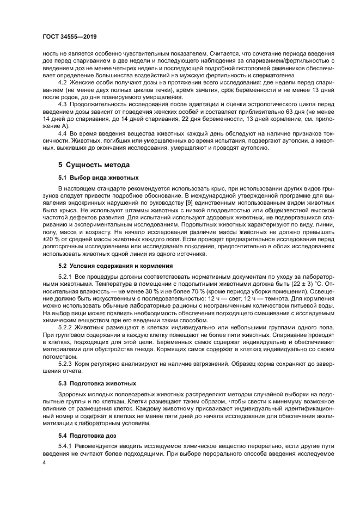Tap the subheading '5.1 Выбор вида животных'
pyautogui.click(x=99, y=177)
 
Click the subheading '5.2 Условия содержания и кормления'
pyautogui.click(x=115, y=266)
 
